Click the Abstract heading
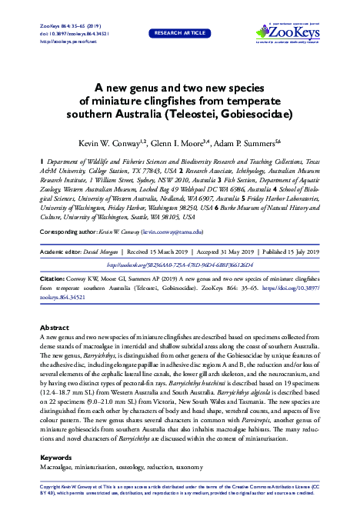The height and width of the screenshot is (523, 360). (54, 348)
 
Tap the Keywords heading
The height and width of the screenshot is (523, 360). (55, 458)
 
